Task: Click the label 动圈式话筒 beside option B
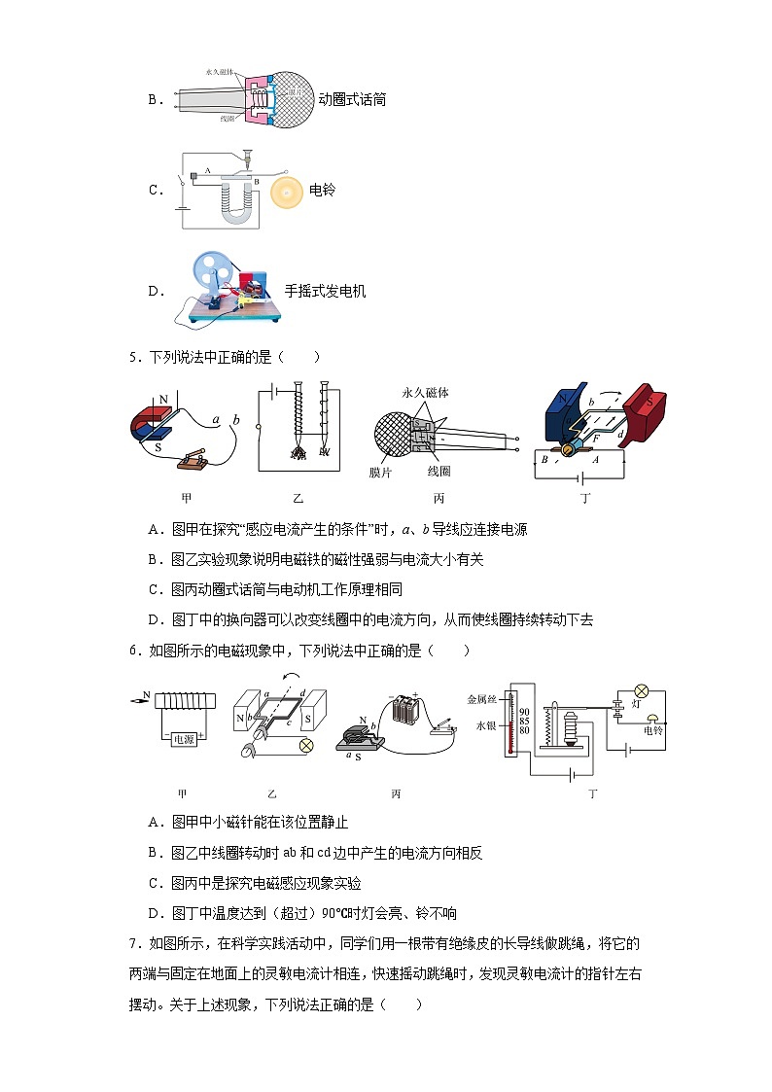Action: point(352,99)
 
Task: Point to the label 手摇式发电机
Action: point(325,291)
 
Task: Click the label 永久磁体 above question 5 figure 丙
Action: point(425,393)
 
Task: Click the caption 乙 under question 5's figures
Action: point(298,499)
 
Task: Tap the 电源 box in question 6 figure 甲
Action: point(184,739)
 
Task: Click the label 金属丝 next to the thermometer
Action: point(482,698)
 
